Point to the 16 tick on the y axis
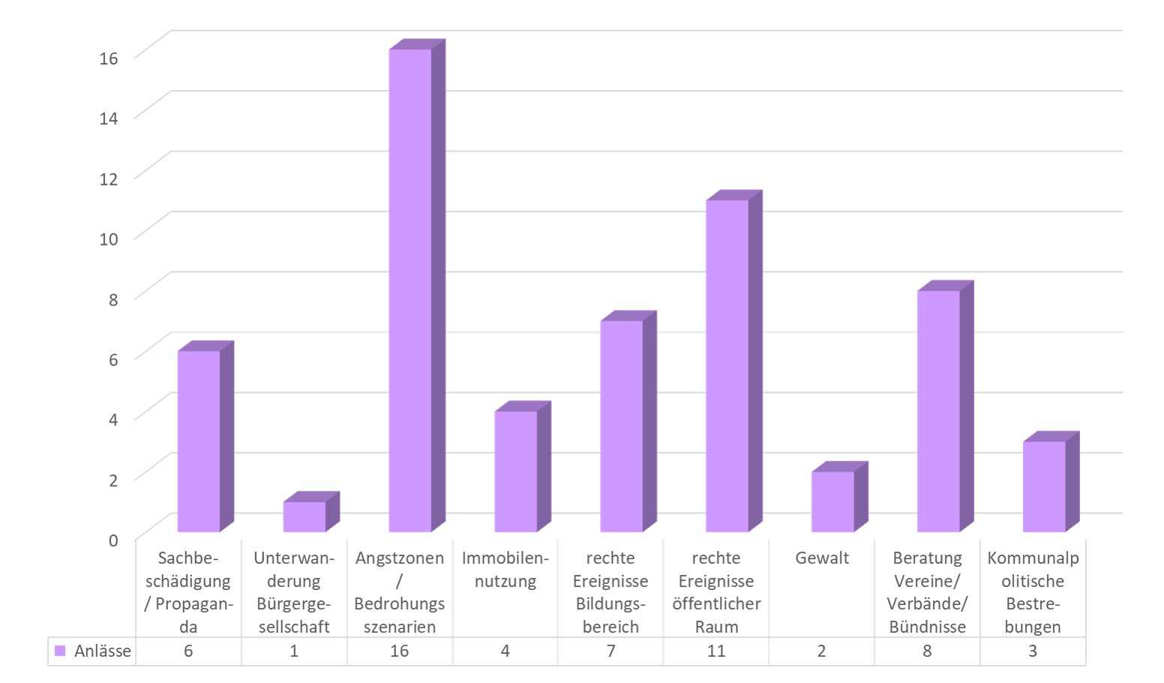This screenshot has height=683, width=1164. [x=109, y=58]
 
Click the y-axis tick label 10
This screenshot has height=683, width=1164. [x=109, y=239]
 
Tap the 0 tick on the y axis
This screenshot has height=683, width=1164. [x=113, y=540]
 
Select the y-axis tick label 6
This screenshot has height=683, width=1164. [x=113, y=359]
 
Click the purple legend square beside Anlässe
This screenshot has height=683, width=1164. [x=60, y=651]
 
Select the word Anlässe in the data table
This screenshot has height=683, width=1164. [x=103, y=651]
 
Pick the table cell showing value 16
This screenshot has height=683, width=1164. [x=399, y=651]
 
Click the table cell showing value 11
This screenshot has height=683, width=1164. [x=716, y=651]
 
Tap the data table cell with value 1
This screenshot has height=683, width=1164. [x=294, y=651]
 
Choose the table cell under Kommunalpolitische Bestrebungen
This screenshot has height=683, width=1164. [x=1033, y=651]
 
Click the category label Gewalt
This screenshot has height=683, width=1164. [x=822, y=558]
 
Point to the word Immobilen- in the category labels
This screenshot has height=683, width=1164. [x=505, y=558]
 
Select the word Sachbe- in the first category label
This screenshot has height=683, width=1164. [x=188, y=558]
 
